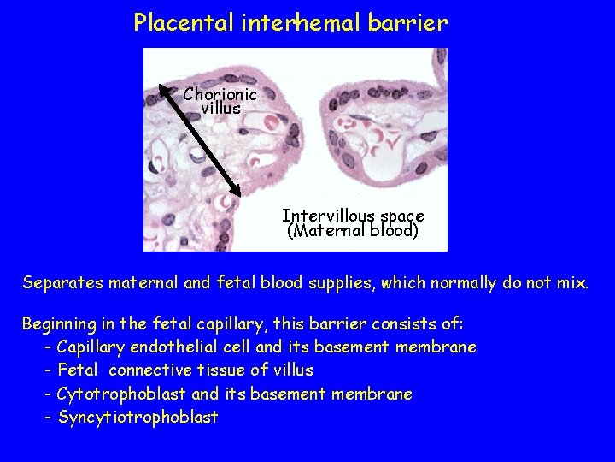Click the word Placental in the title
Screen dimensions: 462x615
(175, 23)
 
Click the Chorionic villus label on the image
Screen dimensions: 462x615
(220, 101)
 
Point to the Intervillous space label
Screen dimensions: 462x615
(353, 216)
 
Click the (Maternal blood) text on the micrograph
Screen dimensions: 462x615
(353, 231)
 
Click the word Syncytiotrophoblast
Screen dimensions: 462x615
(138, 418)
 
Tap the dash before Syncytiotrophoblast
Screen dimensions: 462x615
(49, 418)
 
